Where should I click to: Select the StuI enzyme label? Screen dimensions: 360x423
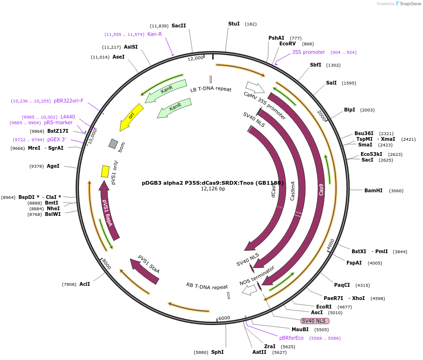234,24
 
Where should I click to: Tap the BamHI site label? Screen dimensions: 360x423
373,190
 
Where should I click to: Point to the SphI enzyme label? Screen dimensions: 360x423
217,352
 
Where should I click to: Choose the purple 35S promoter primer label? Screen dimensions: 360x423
308,52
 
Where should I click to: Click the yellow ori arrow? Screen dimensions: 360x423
129,119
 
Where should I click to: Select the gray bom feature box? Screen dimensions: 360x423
113,143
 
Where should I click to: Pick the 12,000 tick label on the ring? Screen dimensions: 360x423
195,58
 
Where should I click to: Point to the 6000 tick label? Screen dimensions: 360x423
224,318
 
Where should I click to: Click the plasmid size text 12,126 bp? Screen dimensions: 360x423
213,189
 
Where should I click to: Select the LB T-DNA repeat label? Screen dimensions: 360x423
211,89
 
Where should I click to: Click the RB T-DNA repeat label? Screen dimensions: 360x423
207,286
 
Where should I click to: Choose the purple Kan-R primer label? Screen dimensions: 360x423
155,34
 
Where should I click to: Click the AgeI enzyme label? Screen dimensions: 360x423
53,166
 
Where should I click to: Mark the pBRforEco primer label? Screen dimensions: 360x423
291,338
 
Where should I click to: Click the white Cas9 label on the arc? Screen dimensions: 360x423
321,189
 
